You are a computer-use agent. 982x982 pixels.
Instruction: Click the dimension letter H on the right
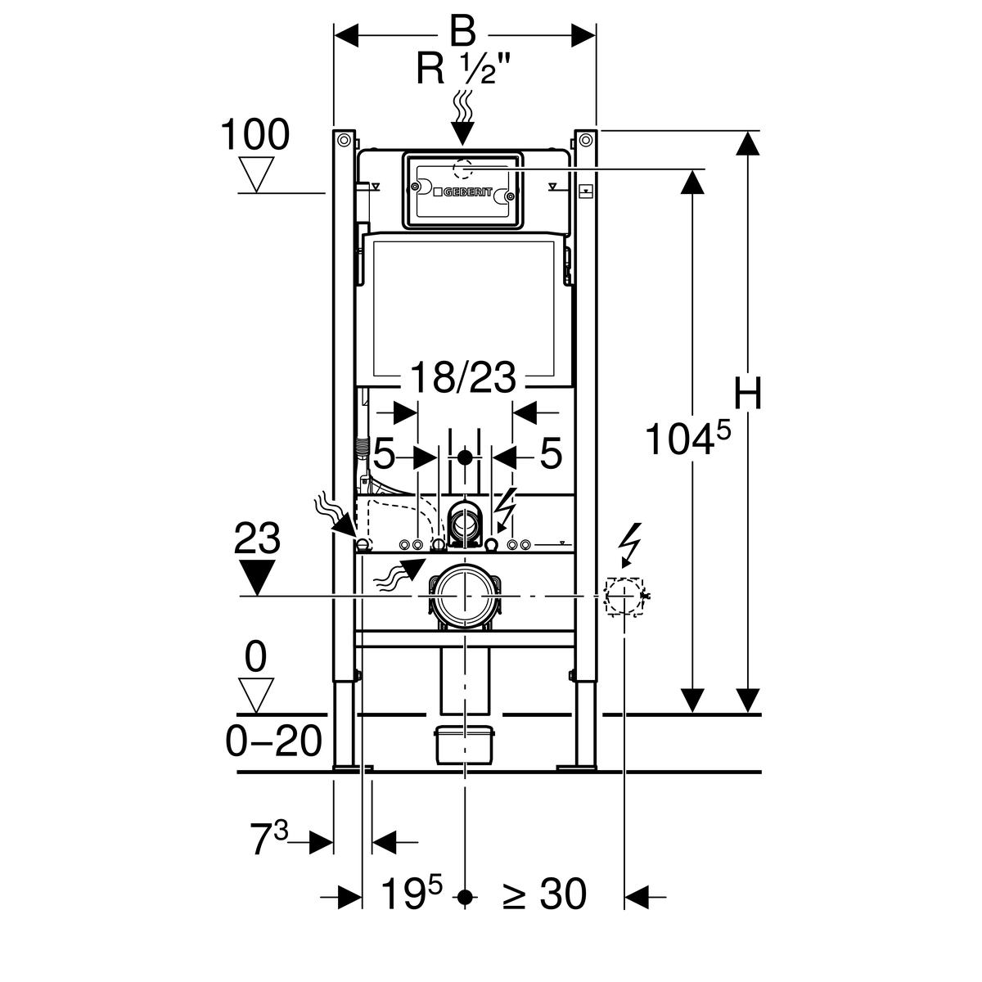[747, 394]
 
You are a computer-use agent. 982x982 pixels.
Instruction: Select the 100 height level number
[255, 135]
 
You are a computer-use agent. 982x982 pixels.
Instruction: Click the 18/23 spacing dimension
[463, 378]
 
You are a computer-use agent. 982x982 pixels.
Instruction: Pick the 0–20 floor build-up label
[273, 741]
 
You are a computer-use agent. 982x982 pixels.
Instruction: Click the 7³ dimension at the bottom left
[269, 840]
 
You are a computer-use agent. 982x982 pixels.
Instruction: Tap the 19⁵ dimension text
[412, 894]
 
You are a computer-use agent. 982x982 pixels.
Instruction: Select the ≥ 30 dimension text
[544, 894]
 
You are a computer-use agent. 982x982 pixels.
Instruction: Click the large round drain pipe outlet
[464, 598]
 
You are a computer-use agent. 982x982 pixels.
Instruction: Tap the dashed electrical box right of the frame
[624, 596]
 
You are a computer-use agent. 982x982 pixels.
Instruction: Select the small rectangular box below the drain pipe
[464, 745]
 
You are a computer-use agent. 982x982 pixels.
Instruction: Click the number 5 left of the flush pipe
[385, 454]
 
